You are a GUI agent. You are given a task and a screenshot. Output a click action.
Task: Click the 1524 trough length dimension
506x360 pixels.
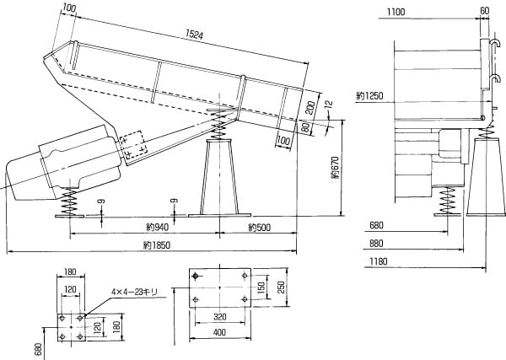point(194,35)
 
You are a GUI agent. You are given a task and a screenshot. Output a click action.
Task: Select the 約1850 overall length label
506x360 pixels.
point(157,245)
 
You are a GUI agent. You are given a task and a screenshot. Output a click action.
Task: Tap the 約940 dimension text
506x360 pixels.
point(157,228)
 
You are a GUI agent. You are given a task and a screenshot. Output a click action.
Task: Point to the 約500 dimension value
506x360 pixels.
point(259,228)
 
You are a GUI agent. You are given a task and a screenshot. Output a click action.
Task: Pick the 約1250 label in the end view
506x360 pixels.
point(370,96)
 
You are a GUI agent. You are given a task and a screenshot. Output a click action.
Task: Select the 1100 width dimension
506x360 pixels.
point(396,13)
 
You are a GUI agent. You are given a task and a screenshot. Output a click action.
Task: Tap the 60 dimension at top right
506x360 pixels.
point(485,11)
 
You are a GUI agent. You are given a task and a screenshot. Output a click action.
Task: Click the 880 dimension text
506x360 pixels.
point(376,243)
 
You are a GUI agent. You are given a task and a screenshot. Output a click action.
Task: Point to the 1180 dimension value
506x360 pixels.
point(378,261)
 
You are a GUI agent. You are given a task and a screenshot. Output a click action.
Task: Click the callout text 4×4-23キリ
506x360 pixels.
point(134,292)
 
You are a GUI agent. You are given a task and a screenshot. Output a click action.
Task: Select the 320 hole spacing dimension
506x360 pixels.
point(220,317)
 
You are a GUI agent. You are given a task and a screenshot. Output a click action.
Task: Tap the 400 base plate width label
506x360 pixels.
point(220,332)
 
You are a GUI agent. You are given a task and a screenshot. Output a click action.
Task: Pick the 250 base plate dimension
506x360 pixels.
point(281,287)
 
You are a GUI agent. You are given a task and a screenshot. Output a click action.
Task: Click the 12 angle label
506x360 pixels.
point(329,104)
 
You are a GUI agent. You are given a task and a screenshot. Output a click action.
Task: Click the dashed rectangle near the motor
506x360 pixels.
point(133,144)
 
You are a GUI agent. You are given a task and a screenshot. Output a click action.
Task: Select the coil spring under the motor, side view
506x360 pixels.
point(70,201)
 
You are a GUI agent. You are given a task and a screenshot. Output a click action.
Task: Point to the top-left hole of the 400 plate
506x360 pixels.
point(195,277)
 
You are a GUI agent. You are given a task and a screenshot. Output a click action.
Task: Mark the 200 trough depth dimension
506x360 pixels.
point(310,108)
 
